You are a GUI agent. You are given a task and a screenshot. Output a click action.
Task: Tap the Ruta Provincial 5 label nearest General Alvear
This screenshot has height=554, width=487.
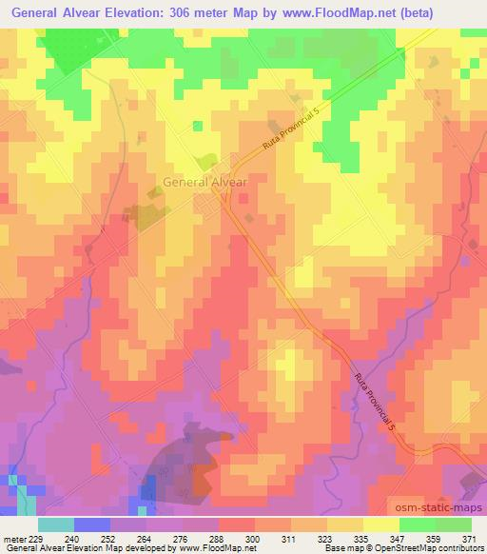292,137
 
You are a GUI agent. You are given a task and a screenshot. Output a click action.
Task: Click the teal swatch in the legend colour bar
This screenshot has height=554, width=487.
56,524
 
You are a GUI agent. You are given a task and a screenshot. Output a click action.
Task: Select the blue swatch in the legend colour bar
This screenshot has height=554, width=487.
92,524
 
